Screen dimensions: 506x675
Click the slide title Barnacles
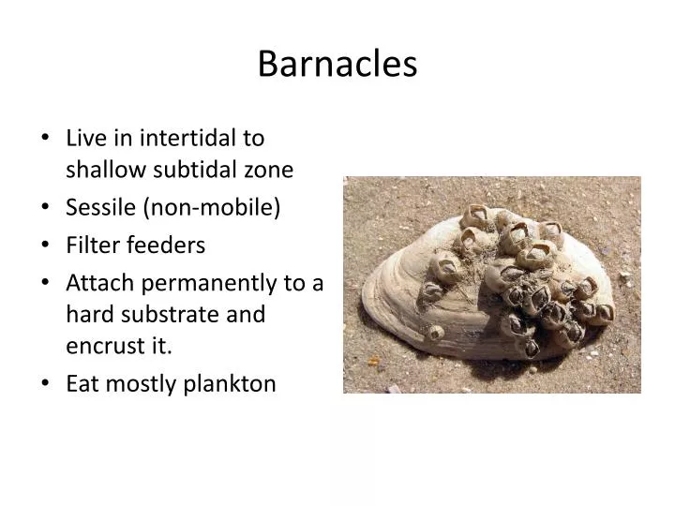(x=337, y=64)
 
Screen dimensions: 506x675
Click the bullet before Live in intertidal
(x=46, y=139)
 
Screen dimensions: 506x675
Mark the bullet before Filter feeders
(x=46, y=246)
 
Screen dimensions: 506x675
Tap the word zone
(x=269, y=170)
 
